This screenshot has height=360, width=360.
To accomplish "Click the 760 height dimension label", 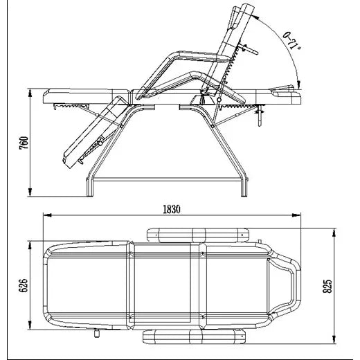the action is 24,143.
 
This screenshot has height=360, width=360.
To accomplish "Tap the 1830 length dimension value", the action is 172,210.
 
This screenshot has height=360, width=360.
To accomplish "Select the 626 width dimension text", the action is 24,285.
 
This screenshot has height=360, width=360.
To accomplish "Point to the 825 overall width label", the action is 327,287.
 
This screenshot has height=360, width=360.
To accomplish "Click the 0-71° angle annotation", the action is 291,41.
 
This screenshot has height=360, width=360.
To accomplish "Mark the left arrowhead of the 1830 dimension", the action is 47,215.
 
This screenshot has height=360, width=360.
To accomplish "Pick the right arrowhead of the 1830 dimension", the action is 296,215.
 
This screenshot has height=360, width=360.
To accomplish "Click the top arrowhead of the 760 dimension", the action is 30,93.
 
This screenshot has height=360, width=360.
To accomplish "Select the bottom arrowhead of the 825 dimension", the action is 334,339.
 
